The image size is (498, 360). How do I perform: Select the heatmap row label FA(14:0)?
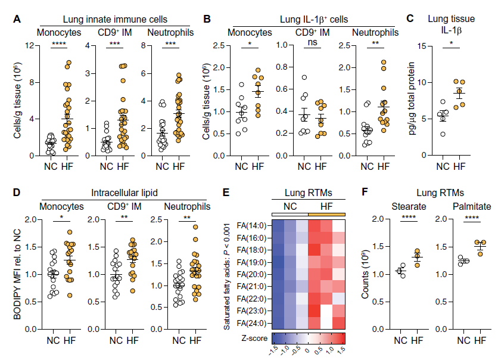[x=251, y=225]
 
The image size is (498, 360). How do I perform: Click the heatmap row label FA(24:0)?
[x=251, y=324]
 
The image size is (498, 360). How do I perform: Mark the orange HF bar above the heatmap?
[x=326, y=214]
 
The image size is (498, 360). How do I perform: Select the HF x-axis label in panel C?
[x=460, y=167]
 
